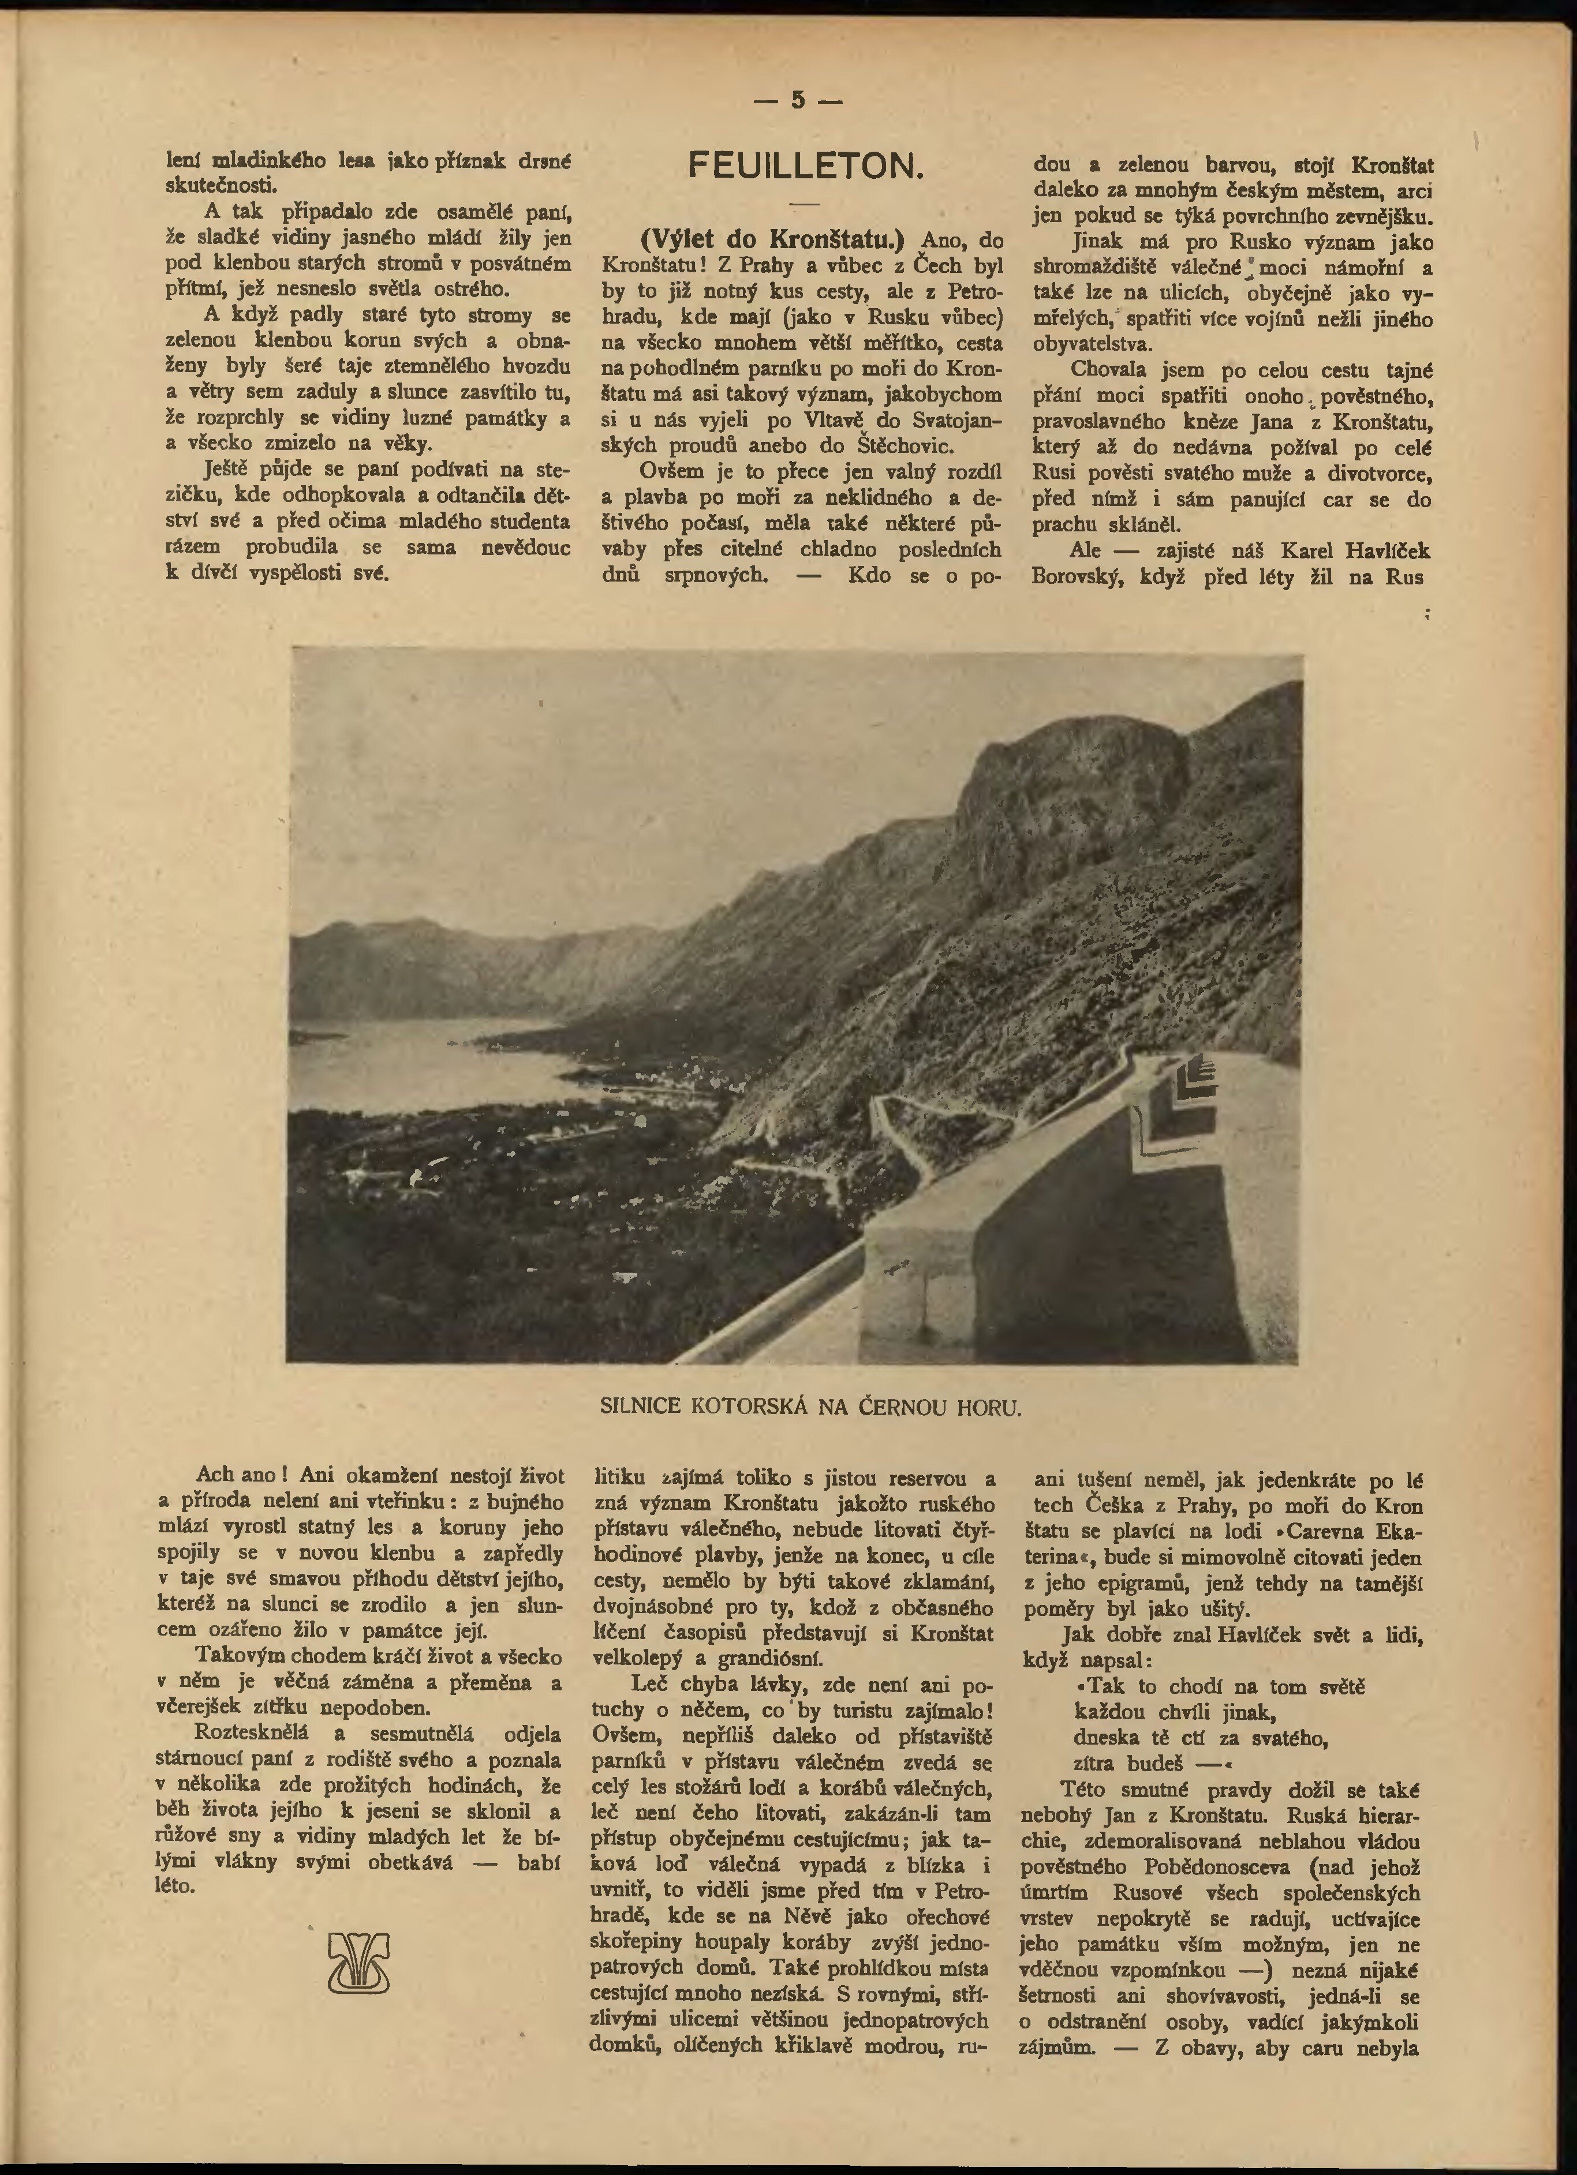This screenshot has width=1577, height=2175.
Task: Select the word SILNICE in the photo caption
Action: tap(639, 1407)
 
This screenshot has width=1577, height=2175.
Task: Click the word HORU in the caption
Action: tap(989, 1407)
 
